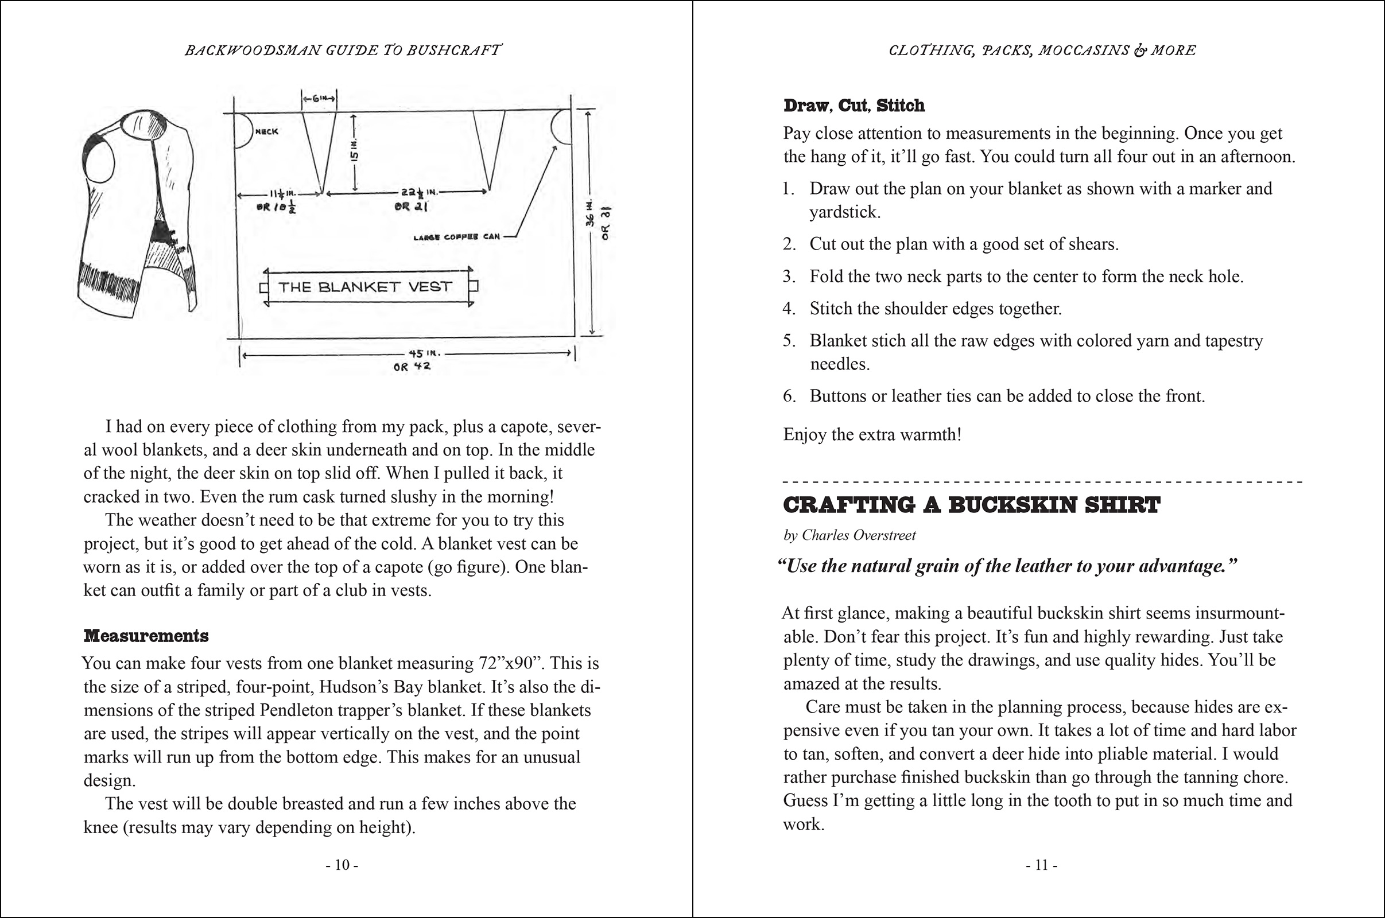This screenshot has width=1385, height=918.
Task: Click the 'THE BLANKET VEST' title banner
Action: pyautogui.click(x=365, y=287)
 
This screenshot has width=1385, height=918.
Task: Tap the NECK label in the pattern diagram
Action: pyautogui.click(x=267, y=132)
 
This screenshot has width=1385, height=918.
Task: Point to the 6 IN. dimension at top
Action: pyautogui.click(x=319, y=98)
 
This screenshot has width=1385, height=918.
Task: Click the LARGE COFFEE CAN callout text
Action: pyautogui.click(x=457, y=237)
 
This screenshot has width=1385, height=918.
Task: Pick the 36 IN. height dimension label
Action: pyautogui.click(x=591, y=214)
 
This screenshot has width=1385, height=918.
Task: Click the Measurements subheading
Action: pyautogui.click(x=146, y=636)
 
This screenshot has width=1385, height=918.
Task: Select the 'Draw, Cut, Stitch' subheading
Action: pyautogui.click(x=854, y=106)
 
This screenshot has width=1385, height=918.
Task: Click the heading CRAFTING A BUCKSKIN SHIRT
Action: pyautogui.click(x=971, y=505)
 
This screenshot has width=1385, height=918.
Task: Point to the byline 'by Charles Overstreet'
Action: pyautogui.click(x=849, y=535)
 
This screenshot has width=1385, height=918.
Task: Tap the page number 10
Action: pyautogui.click(x=342, y=865)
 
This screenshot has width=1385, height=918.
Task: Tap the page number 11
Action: pyautogui.click(x=1041, y=865)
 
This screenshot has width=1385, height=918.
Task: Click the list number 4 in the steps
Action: pyautogui.click(x=789, y=309)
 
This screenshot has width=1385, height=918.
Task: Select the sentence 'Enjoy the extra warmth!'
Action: pyautogui.click(x=872, y=434)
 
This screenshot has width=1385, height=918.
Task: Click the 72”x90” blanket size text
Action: pyautogui.click(x=505, y=663)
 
